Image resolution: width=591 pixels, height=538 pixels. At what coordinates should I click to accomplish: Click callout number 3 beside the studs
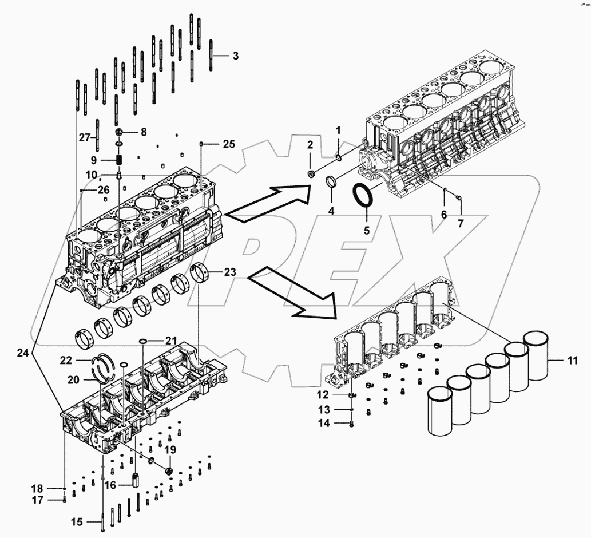(x=236, y=56)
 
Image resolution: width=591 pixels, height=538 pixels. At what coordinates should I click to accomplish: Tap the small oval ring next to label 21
(x=143, y=342)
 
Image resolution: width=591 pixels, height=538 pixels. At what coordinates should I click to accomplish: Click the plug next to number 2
(x=311, y=173)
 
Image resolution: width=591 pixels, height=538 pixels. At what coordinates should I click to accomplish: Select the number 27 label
(x=85, y=137)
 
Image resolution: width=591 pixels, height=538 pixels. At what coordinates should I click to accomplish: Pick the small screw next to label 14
(x=351, y=424)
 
